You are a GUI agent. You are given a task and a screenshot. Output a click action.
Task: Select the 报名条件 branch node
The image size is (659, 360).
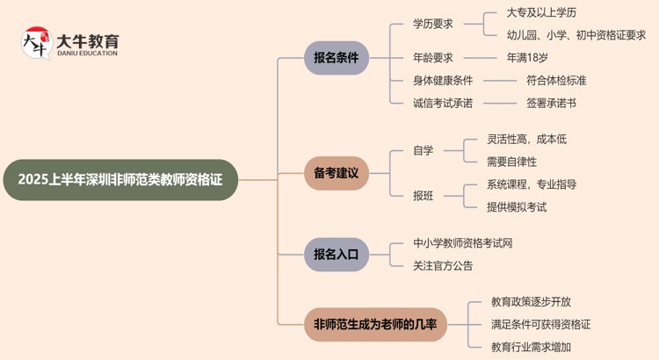(x=337, y=58)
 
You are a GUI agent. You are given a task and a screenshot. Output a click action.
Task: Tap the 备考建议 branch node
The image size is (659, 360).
(x=337, y=173)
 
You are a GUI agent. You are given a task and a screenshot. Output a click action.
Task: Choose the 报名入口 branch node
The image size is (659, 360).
(x=337, y=255)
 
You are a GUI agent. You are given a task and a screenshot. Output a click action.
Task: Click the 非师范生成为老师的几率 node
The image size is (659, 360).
(x=375, y=325)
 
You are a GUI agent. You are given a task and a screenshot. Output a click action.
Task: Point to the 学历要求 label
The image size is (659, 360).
(x=433, y=25)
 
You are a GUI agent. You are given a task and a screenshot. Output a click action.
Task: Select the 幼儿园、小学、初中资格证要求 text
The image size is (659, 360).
(x=576, y=35)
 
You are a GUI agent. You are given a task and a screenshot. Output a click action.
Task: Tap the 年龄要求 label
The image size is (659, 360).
(x=433, y=58)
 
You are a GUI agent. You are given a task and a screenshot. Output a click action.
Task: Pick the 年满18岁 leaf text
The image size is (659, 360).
(x=527, y=58)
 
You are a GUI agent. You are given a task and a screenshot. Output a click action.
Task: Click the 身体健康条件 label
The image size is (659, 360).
(x=443, y=80)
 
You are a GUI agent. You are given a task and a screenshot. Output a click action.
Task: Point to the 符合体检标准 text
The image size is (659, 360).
(x=556, y=80)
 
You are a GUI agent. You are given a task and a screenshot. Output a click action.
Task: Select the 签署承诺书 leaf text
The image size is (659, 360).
(x=552, y=103)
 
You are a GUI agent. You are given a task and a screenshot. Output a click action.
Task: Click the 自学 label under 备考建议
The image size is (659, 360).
(x=424, y=150)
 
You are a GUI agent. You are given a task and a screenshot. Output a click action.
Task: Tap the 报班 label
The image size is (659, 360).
(x=424, y=195)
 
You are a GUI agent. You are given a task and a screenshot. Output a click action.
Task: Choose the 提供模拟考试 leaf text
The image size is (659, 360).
(x=517, y=207)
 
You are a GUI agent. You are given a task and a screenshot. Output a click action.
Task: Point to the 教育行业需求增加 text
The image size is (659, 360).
(x=531, y=347)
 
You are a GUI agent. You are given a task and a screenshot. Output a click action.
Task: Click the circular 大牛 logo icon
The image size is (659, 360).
(x=37, y=42)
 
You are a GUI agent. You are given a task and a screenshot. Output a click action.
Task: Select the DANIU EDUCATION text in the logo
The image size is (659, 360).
(x=87, y=54)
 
